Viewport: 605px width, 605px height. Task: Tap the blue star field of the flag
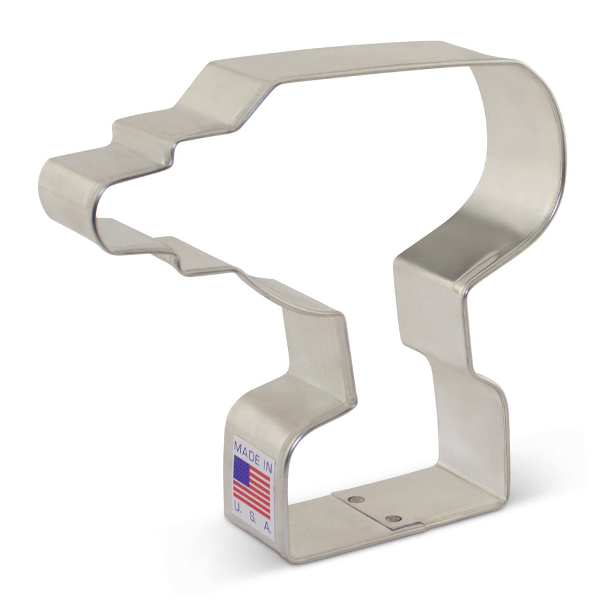click(x=243, y=469)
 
